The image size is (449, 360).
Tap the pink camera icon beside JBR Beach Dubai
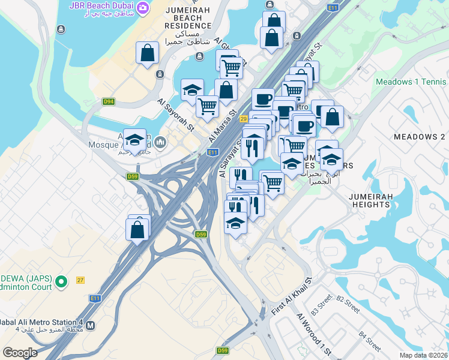click(x=143, y=7)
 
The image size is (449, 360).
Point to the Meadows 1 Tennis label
click(x=411, y=82)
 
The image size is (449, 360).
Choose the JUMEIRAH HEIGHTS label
click(x=371, y=200)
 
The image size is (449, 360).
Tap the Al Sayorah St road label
click(x=176, y=115)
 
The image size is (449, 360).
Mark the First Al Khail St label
click(x=292, y=297)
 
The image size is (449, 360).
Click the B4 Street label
click(x=370, y=340)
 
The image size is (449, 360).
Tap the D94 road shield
click(x=109, y=101)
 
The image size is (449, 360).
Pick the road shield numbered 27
click(x=80, y=280)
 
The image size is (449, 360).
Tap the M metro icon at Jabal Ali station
click(x=91, y=326)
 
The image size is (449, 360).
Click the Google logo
click(x=20, y=352)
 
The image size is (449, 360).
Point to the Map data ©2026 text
click(x=424, y=355)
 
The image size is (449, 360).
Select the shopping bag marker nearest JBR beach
click(x=147, y=53)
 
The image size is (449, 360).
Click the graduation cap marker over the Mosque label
click(x=135, y=140)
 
